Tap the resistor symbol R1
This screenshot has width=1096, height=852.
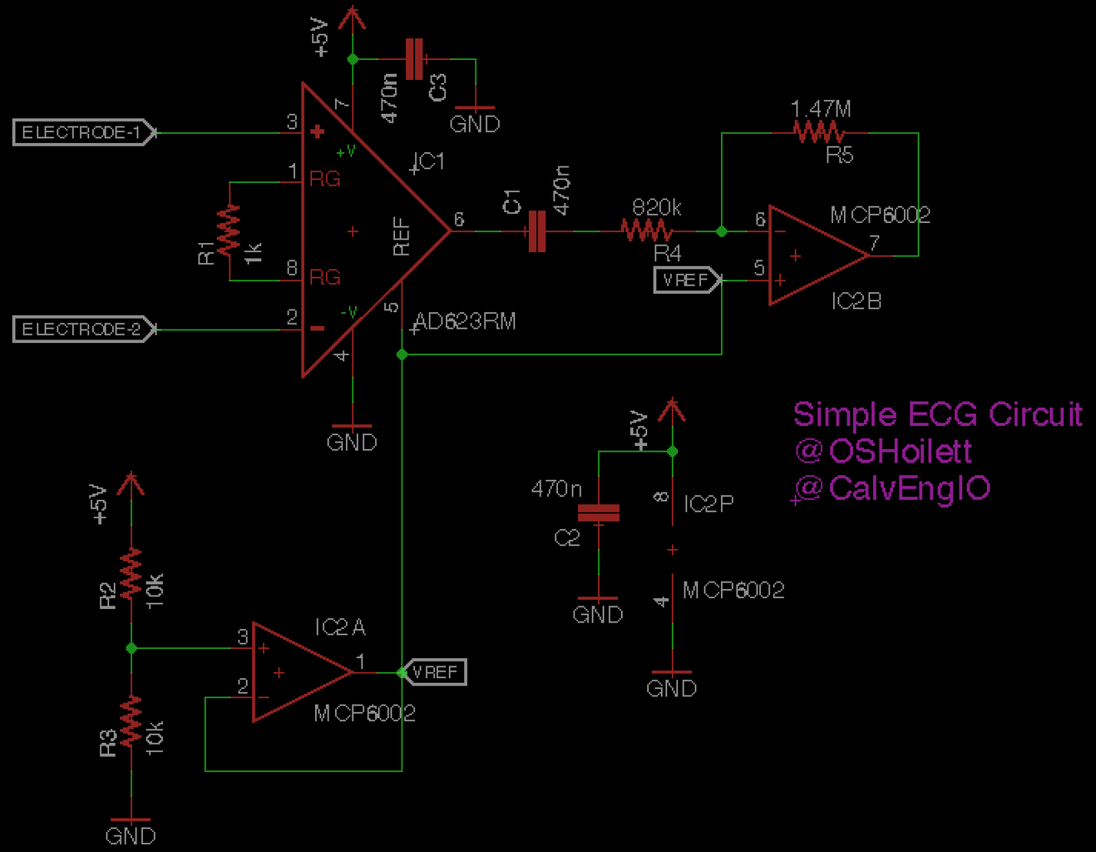click(229, 230)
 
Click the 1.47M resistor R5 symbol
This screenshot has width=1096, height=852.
click(819, 131)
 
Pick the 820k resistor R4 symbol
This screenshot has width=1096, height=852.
click(646, 230)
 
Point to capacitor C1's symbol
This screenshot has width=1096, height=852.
click(537, 230)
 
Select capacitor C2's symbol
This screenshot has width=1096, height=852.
click(599, 513)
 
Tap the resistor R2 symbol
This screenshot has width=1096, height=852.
click(131, 574)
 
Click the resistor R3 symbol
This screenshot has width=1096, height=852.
click(131, 721)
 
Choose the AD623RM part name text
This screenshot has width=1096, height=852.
click(465, 321)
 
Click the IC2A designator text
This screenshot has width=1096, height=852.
click(339, 627)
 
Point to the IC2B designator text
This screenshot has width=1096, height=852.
click(856, 301)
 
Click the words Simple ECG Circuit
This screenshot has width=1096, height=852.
click(936, 414)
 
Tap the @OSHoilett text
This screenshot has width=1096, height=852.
click(883, 451)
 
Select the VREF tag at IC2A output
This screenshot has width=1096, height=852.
click(434, 672)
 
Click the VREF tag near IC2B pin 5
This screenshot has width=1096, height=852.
click(686, 280)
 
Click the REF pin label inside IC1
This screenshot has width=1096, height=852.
click(402, 236)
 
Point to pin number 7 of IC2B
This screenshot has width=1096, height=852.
click(874, 243)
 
